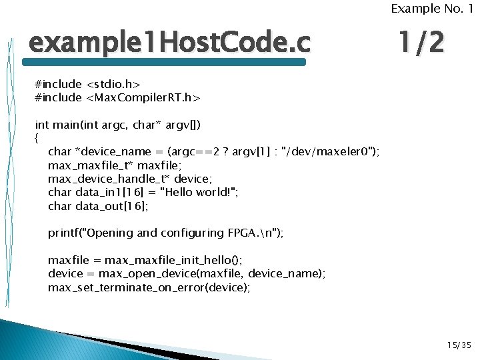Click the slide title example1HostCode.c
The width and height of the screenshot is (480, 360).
pos(169,44)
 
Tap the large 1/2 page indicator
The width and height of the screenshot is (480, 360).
pos(419,44)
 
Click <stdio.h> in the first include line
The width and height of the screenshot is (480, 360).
pos(113,85)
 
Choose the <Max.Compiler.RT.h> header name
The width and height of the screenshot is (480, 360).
pos(143,98)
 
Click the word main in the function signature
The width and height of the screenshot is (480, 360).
pos(65,125)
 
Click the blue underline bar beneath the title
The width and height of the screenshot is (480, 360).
pos(164,62)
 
